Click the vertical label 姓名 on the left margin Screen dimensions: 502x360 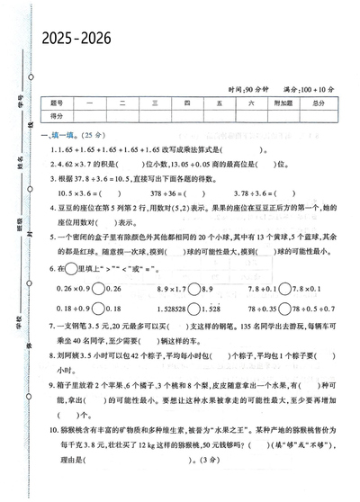click(19, 163)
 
